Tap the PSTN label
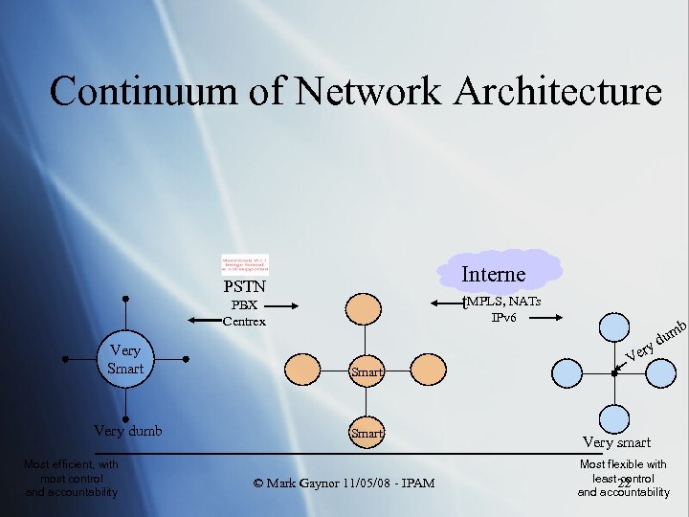(x=245, y=286)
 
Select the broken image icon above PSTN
(x=245, y=265)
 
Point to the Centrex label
(x=244, y=322)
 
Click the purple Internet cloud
(x=495, y=271)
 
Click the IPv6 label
(x=503, y=317)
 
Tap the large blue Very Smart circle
(x=126, y=359)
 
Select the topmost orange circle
(x=364, y=308)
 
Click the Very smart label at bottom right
(x=616, y=442)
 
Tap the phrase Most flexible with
(x=623, y=464)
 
